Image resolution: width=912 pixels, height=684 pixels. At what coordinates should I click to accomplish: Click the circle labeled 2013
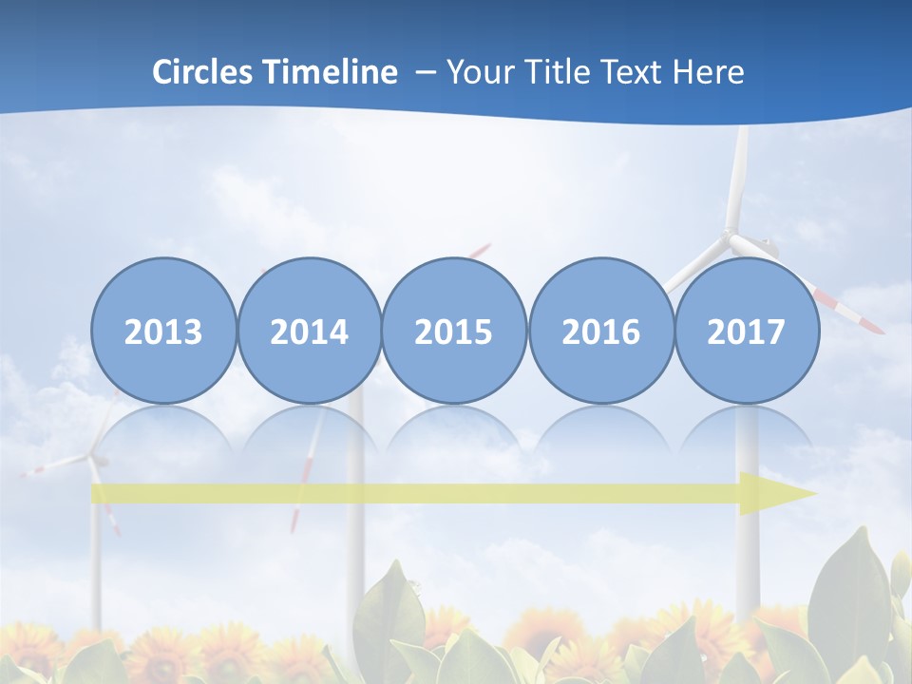click(163, 331)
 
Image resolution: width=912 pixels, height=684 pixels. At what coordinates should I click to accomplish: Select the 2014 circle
click(309, 331)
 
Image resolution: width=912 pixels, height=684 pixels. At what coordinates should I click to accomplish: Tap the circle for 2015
click(454, 331)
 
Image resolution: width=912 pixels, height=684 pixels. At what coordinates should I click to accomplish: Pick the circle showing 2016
click(600, 331)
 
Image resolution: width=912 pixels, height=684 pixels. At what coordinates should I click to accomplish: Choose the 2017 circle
click(747, 331)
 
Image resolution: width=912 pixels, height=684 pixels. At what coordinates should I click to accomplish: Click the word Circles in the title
click(203, 72)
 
